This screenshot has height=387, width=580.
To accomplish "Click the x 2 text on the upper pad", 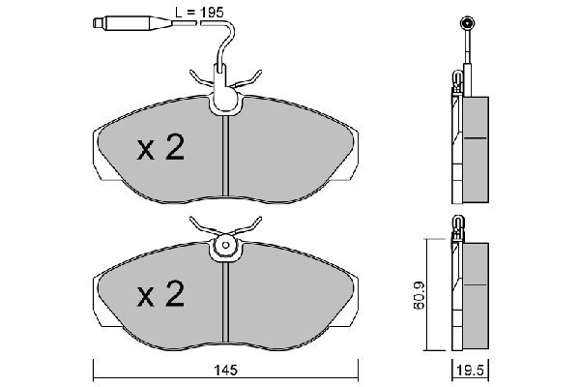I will (159, 148).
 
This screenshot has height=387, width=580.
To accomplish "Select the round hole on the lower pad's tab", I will (224, 246).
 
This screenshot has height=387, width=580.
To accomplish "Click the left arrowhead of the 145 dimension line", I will (95, 360).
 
